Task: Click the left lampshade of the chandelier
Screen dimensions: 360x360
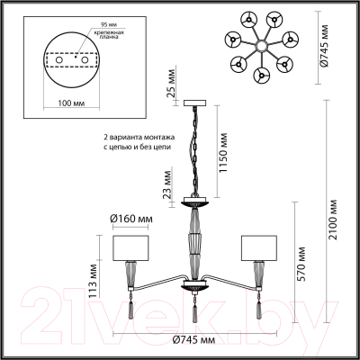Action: click(x=129, y=247)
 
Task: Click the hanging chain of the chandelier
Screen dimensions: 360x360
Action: click(x=193, y=148)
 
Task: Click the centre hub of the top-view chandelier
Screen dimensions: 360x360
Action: click(x=260, y=44)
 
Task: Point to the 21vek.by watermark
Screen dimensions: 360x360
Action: click(x=180, y=310)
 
